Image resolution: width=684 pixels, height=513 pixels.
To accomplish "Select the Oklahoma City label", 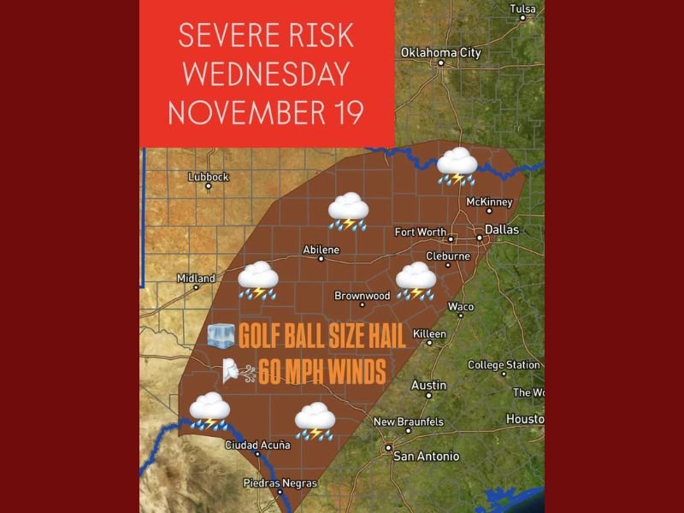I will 441,53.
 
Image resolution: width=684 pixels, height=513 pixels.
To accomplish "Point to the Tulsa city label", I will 522,9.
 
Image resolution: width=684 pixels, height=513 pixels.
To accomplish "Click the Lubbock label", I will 209,177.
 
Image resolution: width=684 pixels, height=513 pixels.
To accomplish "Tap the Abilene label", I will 321,250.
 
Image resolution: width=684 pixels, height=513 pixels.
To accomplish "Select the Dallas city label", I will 501,229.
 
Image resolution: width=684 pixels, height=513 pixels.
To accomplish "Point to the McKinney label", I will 489,202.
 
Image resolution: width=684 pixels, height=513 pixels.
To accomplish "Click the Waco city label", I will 461,306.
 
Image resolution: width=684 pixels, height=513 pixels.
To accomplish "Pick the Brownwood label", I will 362,296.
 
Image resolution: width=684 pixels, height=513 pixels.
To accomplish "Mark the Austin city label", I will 428,386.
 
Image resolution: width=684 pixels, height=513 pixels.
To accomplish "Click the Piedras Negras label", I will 281,483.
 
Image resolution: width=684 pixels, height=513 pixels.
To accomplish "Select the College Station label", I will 504,365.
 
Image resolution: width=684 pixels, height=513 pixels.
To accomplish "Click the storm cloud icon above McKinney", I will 457,166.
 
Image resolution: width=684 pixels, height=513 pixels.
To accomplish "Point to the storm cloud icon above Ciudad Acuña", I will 209,410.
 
